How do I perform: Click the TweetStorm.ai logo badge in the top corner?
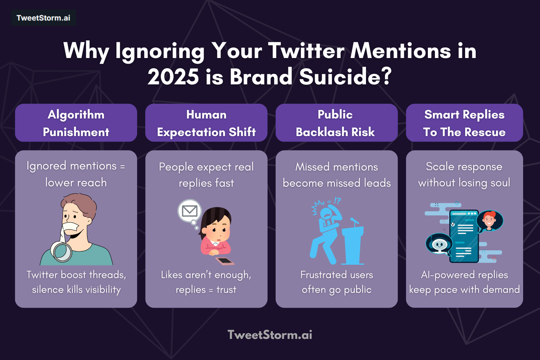43,18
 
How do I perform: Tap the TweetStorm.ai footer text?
270,335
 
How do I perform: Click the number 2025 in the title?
173,77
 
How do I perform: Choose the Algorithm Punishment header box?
76,123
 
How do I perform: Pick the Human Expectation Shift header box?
206,123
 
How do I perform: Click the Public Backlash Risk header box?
336,123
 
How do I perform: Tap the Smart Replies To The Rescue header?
464,123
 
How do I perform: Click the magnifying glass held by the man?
62,251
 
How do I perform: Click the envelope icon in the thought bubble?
189,211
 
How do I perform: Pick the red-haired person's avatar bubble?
489,220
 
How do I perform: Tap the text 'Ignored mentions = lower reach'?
76,174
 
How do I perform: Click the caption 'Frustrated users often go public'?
336,282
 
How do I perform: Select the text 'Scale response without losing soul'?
464,174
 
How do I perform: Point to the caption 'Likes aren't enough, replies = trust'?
206,282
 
